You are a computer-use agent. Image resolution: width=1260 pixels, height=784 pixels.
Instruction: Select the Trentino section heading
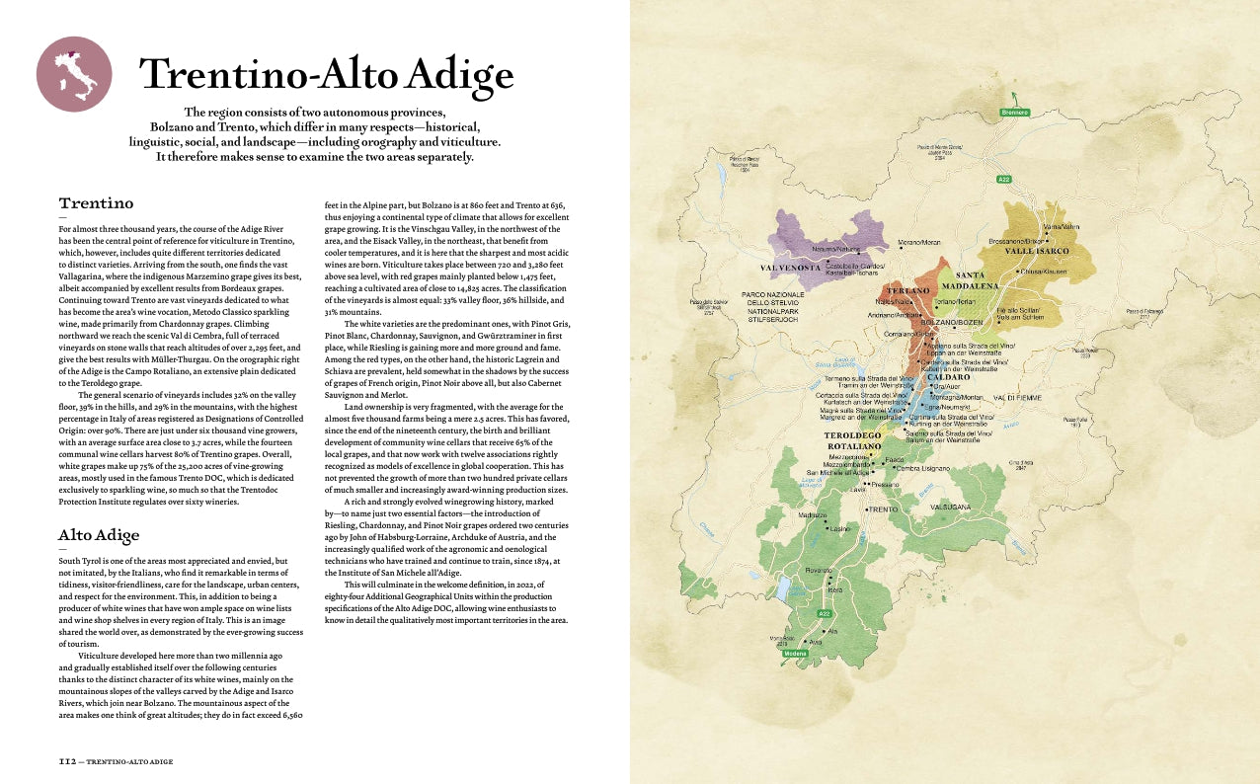96,203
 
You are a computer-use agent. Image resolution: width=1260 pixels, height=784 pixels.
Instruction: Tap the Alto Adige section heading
99,535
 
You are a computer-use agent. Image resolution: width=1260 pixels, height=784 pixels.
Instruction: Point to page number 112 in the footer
66,761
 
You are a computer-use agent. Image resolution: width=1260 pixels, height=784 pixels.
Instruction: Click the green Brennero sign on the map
1014,113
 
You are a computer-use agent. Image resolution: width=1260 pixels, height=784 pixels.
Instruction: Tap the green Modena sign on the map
795,654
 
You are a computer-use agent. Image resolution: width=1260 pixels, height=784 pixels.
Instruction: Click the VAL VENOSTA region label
791,268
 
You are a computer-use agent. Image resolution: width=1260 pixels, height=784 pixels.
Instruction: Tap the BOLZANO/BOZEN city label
952,323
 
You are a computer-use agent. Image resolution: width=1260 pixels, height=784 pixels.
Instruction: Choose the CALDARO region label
948,377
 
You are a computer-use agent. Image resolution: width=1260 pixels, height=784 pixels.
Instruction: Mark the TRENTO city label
883,510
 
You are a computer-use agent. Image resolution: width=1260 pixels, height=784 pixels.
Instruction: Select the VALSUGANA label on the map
950,507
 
